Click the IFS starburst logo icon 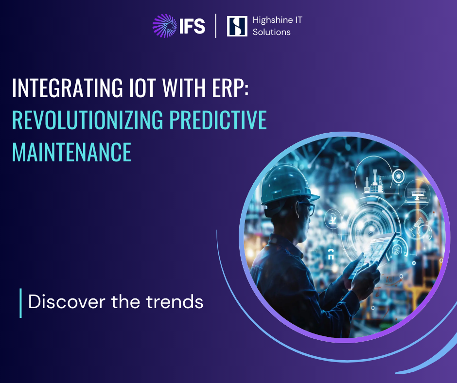coord(165,26)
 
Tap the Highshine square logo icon coord(237,26)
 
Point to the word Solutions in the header coord(271,32)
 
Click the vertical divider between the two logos coord(216,26)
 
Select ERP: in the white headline coord(227,88)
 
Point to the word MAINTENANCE coord(71,152)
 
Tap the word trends coord(175,302)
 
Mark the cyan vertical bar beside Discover coord(20,303)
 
